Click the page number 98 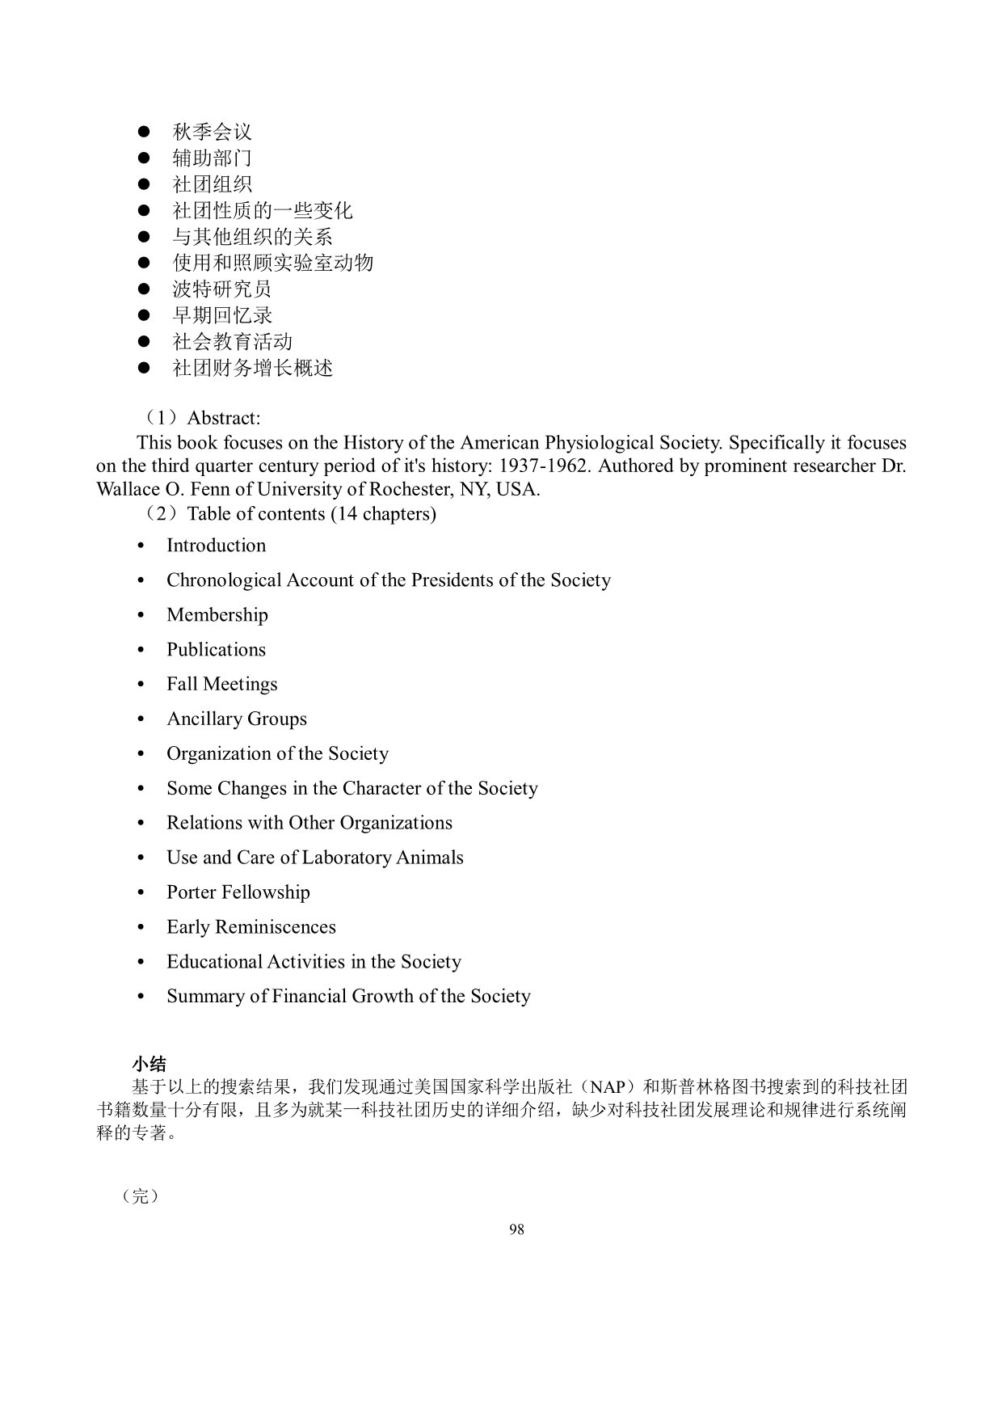click(x=517, y=1229)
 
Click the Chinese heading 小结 click(x=149, y=1064)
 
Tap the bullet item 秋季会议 click(x=212, y=132)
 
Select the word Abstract click(x=223, y=418)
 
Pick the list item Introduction click(x=216, y=546)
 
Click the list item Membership click(x=217, y=615)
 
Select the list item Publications click(x=216, y=650)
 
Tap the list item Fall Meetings click(x=221, y=685)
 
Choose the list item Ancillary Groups click(x=236, y=719)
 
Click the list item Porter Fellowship click(x=238, y=892)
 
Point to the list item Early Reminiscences click(x=250, y=927)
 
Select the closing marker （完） click(x=141, y=1196)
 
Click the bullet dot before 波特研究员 click(x=144, y=289)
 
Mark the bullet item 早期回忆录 click(x=222, y=315)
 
